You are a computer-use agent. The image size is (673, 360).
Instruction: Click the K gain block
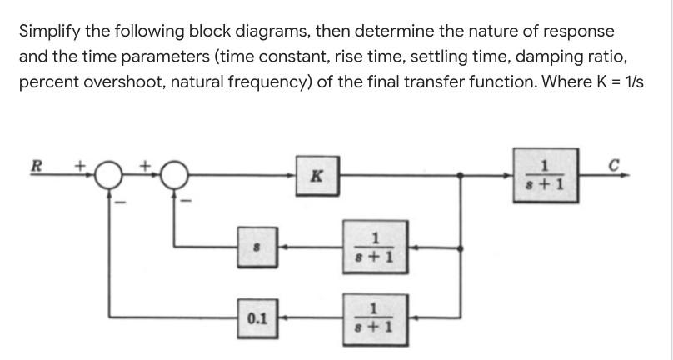(x=317, y=177)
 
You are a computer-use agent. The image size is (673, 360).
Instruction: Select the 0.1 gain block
(x=257, y=318)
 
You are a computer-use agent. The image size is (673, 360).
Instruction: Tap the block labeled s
(x=257, y=247)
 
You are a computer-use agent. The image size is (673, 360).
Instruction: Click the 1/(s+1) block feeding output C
(x=545, y=176)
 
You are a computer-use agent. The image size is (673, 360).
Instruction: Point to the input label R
(x=35, y=163)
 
